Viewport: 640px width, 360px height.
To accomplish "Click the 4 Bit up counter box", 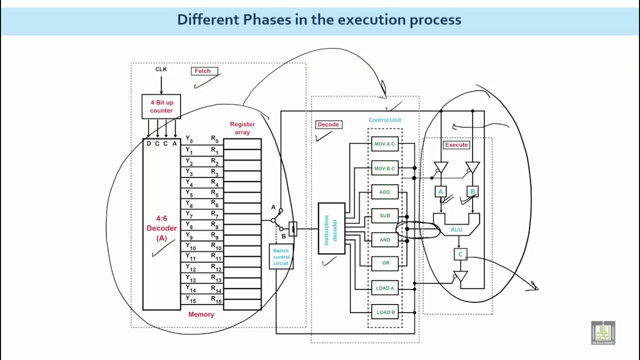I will [161, 106].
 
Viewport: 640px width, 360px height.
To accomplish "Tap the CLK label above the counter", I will [161, 69].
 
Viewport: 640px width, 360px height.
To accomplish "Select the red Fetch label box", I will [202, 71].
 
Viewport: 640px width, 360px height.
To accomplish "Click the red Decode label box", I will [328, 124].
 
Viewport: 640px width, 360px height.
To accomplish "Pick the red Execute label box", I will [456, 144].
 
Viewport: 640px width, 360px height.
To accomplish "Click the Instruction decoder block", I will [331, 228].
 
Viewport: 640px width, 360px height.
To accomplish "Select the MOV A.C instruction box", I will [384, 144].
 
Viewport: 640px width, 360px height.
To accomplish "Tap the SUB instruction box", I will [384, 216].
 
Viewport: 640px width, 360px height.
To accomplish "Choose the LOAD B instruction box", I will [385, 312].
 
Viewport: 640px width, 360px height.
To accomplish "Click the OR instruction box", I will [385, 263].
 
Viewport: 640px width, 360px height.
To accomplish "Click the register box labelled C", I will [460, 254].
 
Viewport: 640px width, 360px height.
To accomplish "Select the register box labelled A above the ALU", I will [440, 191].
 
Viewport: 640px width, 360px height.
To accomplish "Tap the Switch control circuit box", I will [281, 256].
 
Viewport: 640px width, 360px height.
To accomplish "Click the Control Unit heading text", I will [385, 120].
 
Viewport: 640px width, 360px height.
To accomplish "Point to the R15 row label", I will [216, 300].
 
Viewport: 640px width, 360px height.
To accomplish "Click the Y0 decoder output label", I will [189, 139].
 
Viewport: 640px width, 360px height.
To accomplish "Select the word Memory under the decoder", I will [201, 314].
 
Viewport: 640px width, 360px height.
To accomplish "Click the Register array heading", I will [242, 128].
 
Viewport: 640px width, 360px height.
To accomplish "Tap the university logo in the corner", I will [603, 332].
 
